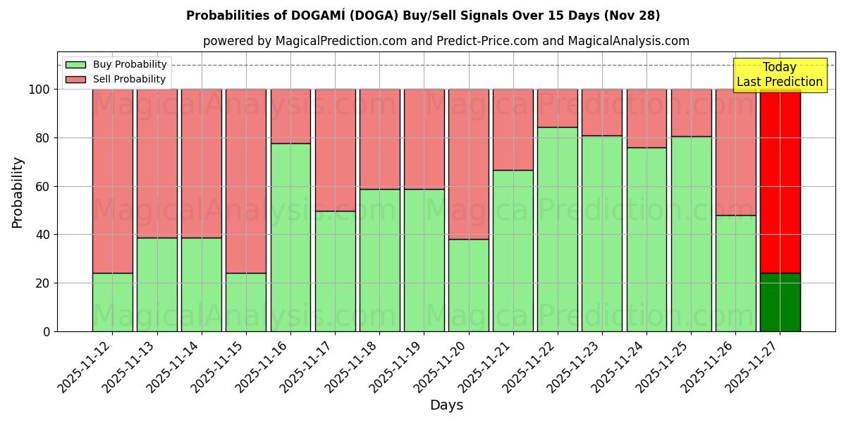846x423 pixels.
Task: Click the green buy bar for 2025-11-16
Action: (x=290, y=237)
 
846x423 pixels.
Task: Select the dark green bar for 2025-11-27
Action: (x=780, y=302)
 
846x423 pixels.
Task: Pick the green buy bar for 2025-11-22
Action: (x=558, y=229)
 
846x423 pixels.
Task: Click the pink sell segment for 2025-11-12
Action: (x=113, y=180)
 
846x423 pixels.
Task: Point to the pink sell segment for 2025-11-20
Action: (x=469, y=164)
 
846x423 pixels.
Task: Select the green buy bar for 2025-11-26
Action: (x=735, y=273)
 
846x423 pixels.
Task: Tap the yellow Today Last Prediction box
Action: (x=780, y=75)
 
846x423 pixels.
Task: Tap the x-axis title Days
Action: (x=446, y=405)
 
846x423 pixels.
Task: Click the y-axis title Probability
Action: (x=18, y=192)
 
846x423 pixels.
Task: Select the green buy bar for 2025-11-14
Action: (x=202, y=284)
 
